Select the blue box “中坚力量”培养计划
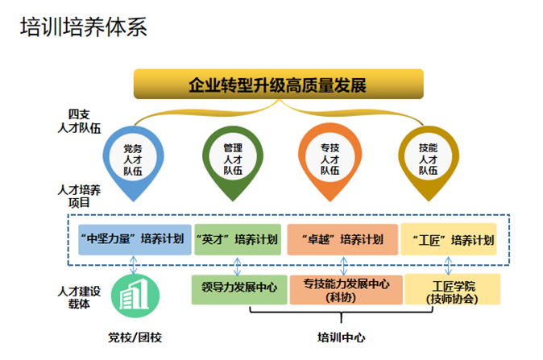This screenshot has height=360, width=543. [133, 239]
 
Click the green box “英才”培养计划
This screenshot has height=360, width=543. [238, 239]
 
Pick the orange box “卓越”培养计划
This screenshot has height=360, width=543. [342, 239]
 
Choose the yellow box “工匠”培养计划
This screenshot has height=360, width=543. [450, 239]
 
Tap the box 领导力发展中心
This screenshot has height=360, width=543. [239, 288]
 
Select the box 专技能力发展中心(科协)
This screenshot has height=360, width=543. [346, 290]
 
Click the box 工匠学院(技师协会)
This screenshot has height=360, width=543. [453, 290]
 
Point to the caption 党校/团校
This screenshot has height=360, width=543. [135, 336]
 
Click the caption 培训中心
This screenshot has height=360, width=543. [342, 336]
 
